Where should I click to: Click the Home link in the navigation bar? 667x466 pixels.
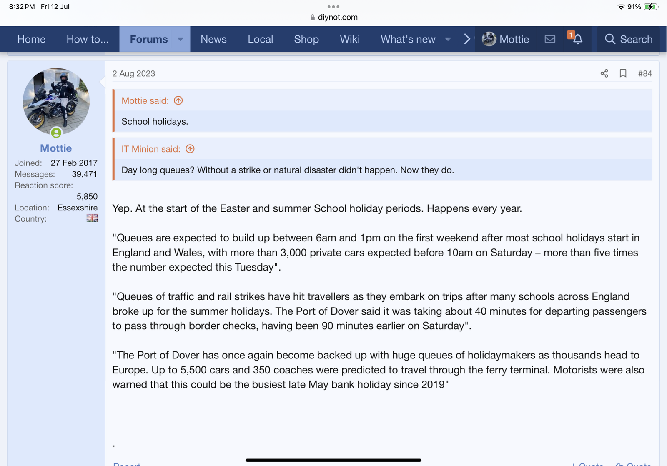pos(31,39)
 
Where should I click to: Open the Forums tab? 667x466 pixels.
pos(148,39)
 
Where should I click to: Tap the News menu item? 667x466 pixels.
pos(213,39)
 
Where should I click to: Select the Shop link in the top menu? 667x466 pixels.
pos(306,39)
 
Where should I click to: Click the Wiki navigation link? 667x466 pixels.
pos(349,39)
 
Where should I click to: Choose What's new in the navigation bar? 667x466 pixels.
pos(408,39)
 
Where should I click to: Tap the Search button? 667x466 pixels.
pos(628,39)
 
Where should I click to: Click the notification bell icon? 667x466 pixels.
pos(577,39)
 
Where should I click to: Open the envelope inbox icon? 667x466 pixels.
pos(550,39)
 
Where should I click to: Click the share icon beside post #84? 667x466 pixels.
pos(604,73)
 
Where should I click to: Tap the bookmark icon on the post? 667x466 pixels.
pos(623,73)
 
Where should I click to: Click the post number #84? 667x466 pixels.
pos(644,73)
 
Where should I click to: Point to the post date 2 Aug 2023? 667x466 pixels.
pos(133,73)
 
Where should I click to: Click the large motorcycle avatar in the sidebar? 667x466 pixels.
pos(56,101)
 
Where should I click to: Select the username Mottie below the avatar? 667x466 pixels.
pos(56,148)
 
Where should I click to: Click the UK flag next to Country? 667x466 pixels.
pos(92,218)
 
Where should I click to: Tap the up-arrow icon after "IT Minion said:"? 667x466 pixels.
pos(190,149)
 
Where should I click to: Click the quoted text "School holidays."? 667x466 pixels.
pos(155,121)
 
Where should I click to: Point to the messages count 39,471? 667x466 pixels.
pos(84,174)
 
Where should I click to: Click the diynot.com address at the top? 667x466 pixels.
pos(337,17)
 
